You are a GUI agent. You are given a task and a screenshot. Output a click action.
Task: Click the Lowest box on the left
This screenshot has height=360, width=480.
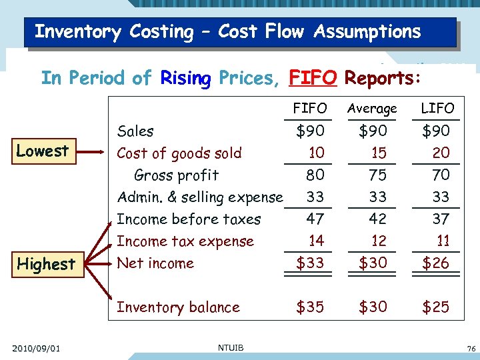point(43,151)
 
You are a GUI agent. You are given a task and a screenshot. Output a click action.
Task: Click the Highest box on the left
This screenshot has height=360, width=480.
point(46,263)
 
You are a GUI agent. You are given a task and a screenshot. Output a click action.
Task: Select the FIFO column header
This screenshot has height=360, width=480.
point(310,108)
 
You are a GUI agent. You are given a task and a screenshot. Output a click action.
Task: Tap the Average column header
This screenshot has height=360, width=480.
point(372,108)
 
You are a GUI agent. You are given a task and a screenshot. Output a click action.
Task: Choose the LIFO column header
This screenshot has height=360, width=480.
point(437,108)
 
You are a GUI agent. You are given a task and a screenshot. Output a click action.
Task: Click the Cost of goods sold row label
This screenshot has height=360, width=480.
point(179,153)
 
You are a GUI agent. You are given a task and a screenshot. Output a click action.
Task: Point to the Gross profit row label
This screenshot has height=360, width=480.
point(176,175)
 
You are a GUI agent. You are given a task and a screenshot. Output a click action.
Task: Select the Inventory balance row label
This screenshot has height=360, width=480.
point(178,307)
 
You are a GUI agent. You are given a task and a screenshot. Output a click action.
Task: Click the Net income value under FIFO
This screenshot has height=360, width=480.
point(310,263)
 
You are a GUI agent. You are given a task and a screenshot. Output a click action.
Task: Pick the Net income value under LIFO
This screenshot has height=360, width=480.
point(436,263)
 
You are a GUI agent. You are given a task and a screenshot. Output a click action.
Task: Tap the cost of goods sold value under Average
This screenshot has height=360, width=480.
point(378,153)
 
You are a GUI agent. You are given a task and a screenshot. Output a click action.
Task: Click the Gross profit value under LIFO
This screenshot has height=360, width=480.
point(441,175)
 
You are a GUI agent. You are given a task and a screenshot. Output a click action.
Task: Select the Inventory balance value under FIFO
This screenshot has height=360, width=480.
point(310,307)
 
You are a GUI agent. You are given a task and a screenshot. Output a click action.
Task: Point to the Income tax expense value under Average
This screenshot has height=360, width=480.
point(378,241)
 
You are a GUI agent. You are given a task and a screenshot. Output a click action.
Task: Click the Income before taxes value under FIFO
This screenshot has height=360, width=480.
point(315,219)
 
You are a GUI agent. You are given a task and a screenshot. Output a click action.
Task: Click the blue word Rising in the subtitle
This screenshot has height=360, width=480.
point(185,79)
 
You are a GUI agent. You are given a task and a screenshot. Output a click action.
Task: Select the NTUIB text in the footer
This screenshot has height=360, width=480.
point(230,347)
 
